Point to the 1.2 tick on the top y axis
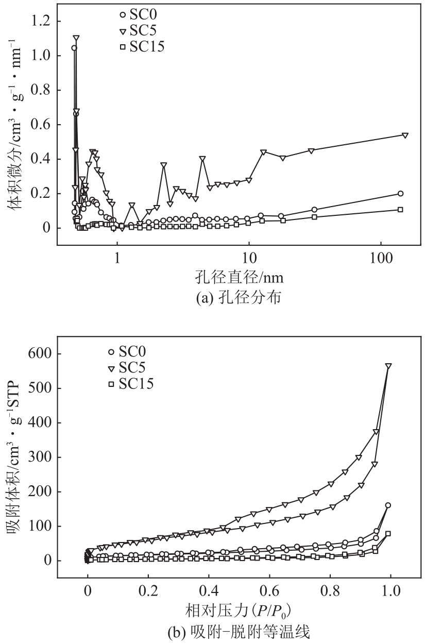(42, 21)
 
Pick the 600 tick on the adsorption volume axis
(38, 354)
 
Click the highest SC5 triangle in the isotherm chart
(388, 366)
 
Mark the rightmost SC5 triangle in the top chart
(405, 135)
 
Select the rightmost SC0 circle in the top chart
(400, 194)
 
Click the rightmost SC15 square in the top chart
(400, 210)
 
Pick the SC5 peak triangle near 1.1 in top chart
(76, 38)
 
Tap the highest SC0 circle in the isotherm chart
(388, 505)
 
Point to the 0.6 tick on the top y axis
(42, 125)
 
